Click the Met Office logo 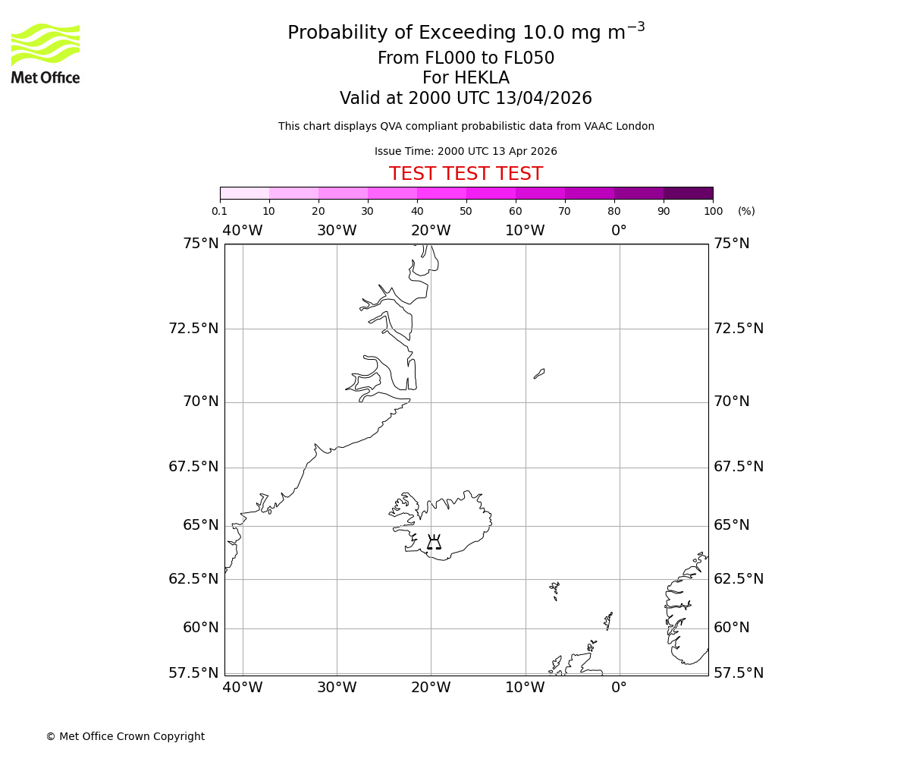[45, 53]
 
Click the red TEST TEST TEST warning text [466, 174]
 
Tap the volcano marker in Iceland [434, 542]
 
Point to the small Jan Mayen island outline [539, 373]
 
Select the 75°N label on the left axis [200, 244]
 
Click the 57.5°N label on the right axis [738, 673]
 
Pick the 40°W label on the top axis [243, 231]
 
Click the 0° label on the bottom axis [619, 688]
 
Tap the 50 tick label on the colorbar [466, 212]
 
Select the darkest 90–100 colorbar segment [688, 193]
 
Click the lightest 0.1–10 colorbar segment [244, 193]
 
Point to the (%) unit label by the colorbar [746, 212]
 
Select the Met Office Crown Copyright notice [125, 736]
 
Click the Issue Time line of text [466, 152]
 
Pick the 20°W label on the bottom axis [431, 688]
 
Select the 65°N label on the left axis [200, 525]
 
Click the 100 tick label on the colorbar [712, 212]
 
